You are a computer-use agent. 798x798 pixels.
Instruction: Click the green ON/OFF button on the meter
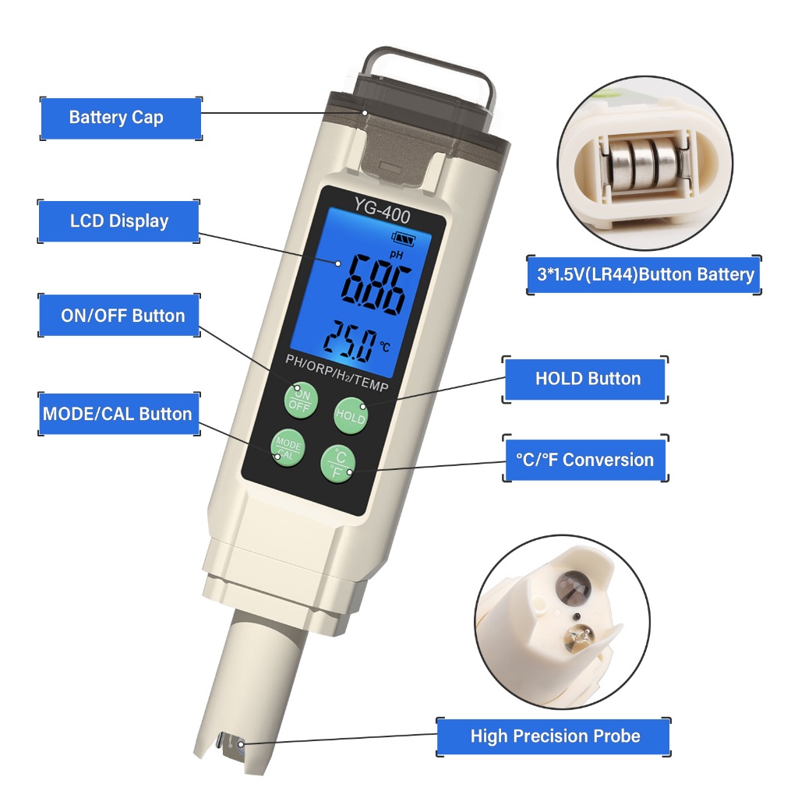tap(301, 401)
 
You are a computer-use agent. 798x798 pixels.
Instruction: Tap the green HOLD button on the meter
tap(351, 416)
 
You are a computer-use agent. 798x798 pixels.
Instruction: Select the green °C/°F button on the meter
tap(338, 464)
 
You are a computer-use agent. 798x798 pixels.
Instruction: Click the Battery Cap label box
tap(121, 118)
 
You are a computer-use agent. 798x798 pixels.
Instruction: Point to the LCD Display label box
tap(119, 221)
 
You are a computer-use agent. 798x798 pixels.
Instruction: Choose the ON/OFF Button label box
tap(119, 316)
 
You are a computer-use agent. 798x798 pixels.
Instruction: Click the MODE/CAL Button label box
tap(119, 414)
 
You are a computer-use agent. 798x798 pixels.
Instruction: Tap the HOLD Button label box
tap(585, 380)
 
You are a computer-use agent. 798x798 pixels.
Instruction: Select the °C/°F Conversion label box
tap(585, 460)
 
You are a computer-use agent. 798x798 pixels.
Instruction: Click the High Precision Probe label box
tap(554, 736)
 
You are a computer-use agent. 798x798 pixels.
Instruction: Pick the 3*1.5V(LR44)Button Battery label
tap(644, 275)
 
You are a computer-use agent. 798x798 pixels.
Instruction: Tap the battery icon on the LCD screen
tap(403, 238)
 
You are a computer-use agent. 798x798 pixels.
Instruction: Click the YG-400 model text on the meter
tap(382, 211)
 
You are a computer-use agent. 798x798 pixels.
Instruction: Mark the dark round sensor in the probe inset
tap(574, 585)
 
